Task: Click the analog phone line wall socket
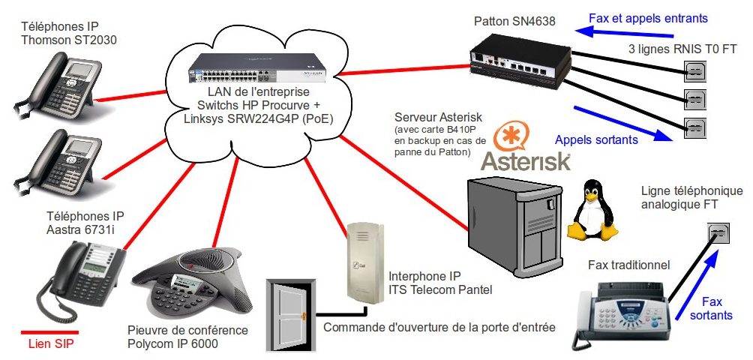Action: [718, 235]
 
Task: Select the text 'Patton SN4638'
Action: [514, 22]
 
